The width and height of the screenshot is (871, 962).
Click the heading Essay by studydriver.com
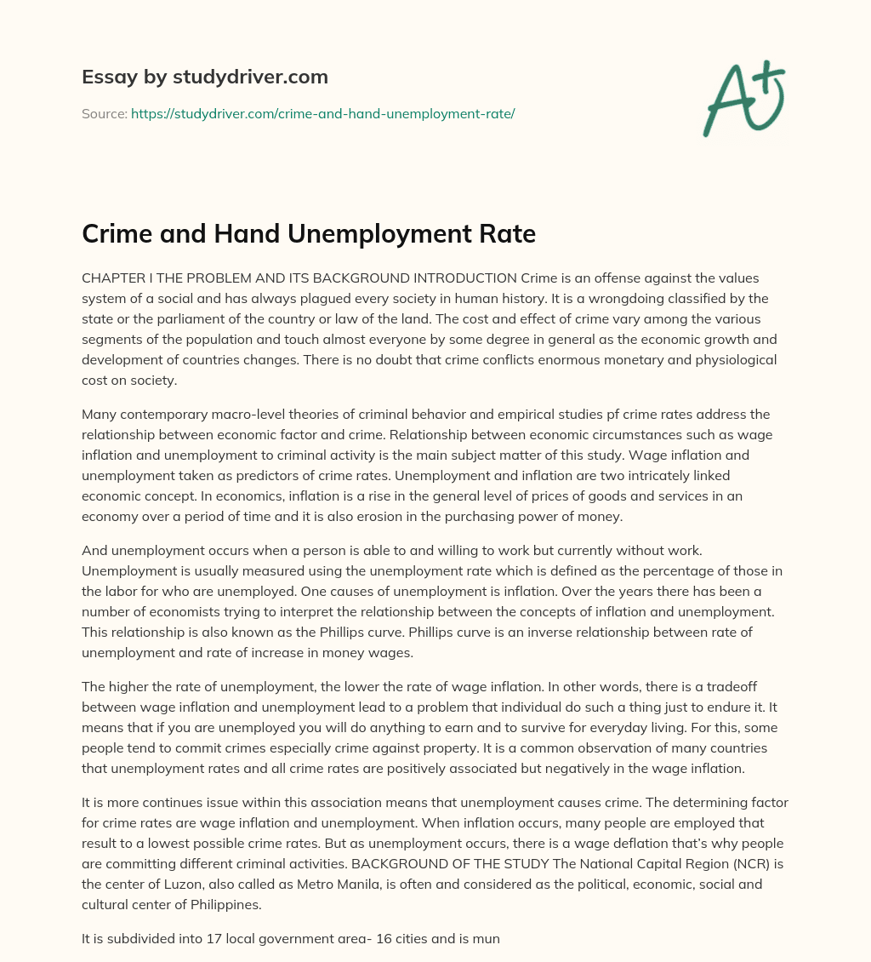tap(205, 77)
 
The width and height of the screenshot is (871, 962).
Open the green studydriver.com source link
tap(322, 113)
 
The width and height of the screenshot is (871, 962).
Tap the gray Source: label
tap(104, 113)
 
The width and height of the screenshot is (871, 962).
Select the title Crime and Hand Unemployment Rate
tap(308, 234)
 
